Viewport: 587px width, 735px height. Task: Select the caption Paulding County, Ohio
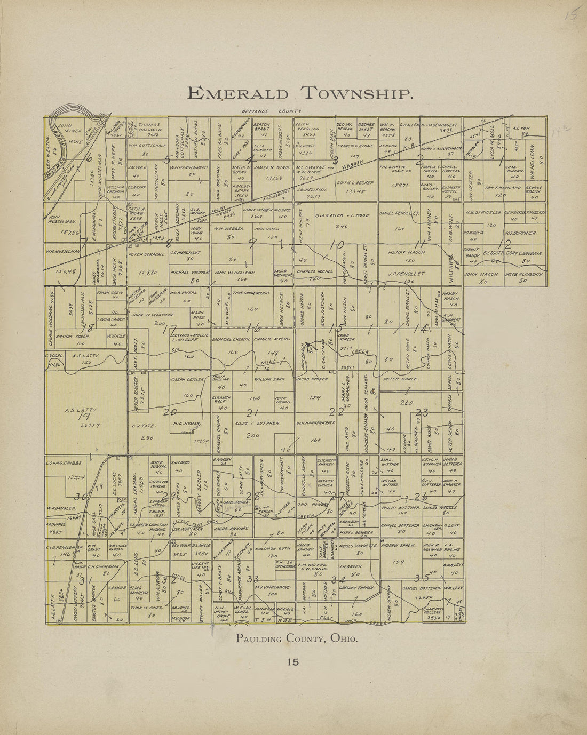coord(297,638)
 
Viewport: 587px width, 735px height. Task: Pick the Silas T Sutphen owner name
coord(257,423)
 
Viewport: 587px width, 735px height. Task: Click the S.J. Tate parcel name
coord(143,426)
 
